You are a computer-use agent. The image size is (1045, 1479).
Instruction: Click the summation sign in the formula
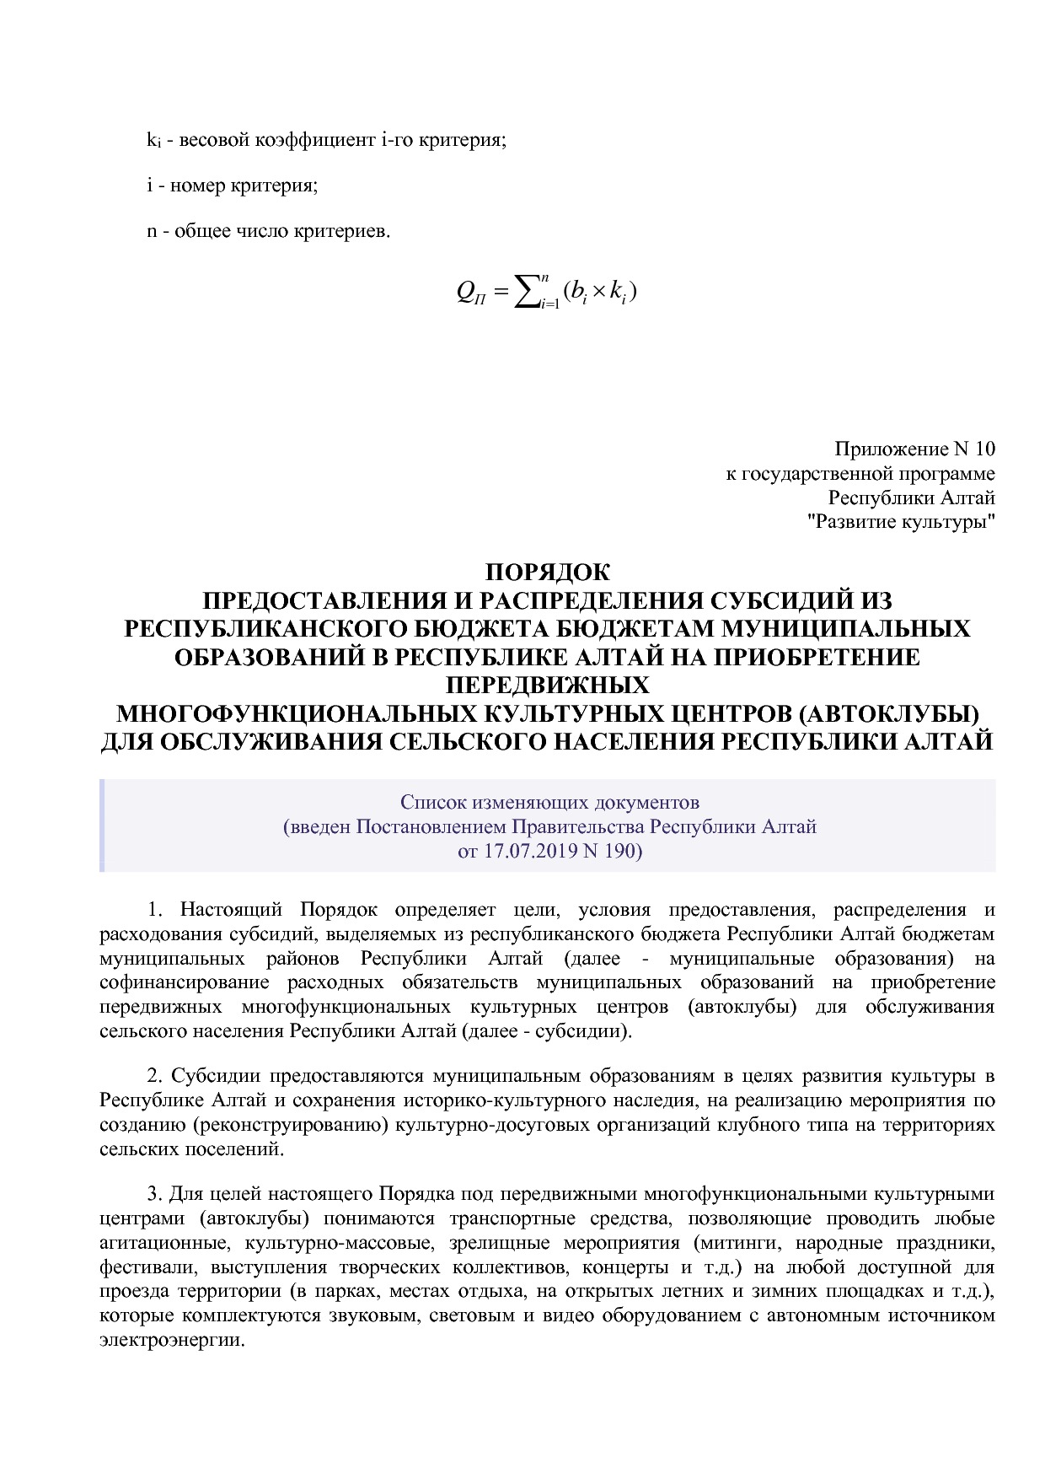528,293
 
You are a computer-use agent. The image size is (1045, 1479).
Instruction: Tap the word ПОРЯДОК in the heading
547,573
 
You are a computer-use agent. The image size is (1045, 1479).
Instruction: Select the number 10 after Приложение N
985,449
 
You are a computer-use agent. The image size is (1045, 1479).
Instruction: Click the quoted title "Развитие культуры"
901,522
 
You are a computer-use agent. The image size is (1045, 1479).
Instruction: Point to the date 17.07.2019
524,851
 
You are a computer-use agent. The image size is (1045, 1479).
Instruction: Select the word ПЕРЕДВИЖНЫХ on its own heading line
547,685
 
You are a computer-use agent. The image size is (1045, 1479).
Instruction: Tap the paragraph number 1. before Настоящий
155,910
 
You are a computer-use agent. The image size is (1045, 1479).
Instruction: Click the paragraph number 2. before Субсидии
155,1076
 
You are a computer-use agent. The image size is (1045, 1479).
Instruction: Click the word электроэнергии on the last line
171,1340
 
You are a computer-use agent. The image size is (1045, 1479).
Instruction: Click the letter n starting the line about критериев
153,231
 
